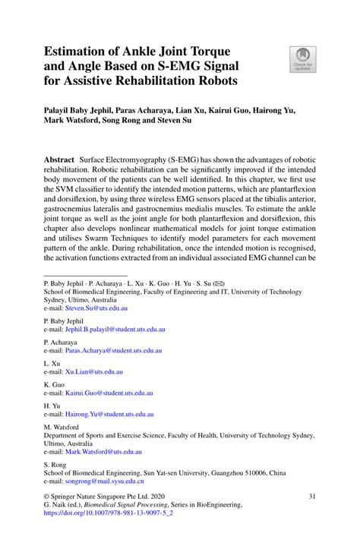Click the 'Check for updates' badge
pyautogui.click(x=302, y=58)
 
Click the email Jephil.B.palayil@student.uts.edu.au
pyautogui.click(x=114, y=330)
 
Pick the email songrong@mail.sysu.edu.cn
pyautogui.click(x=104, y=481)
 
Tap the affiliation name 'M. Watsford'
pyautogui.click(x=66, y=426)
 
